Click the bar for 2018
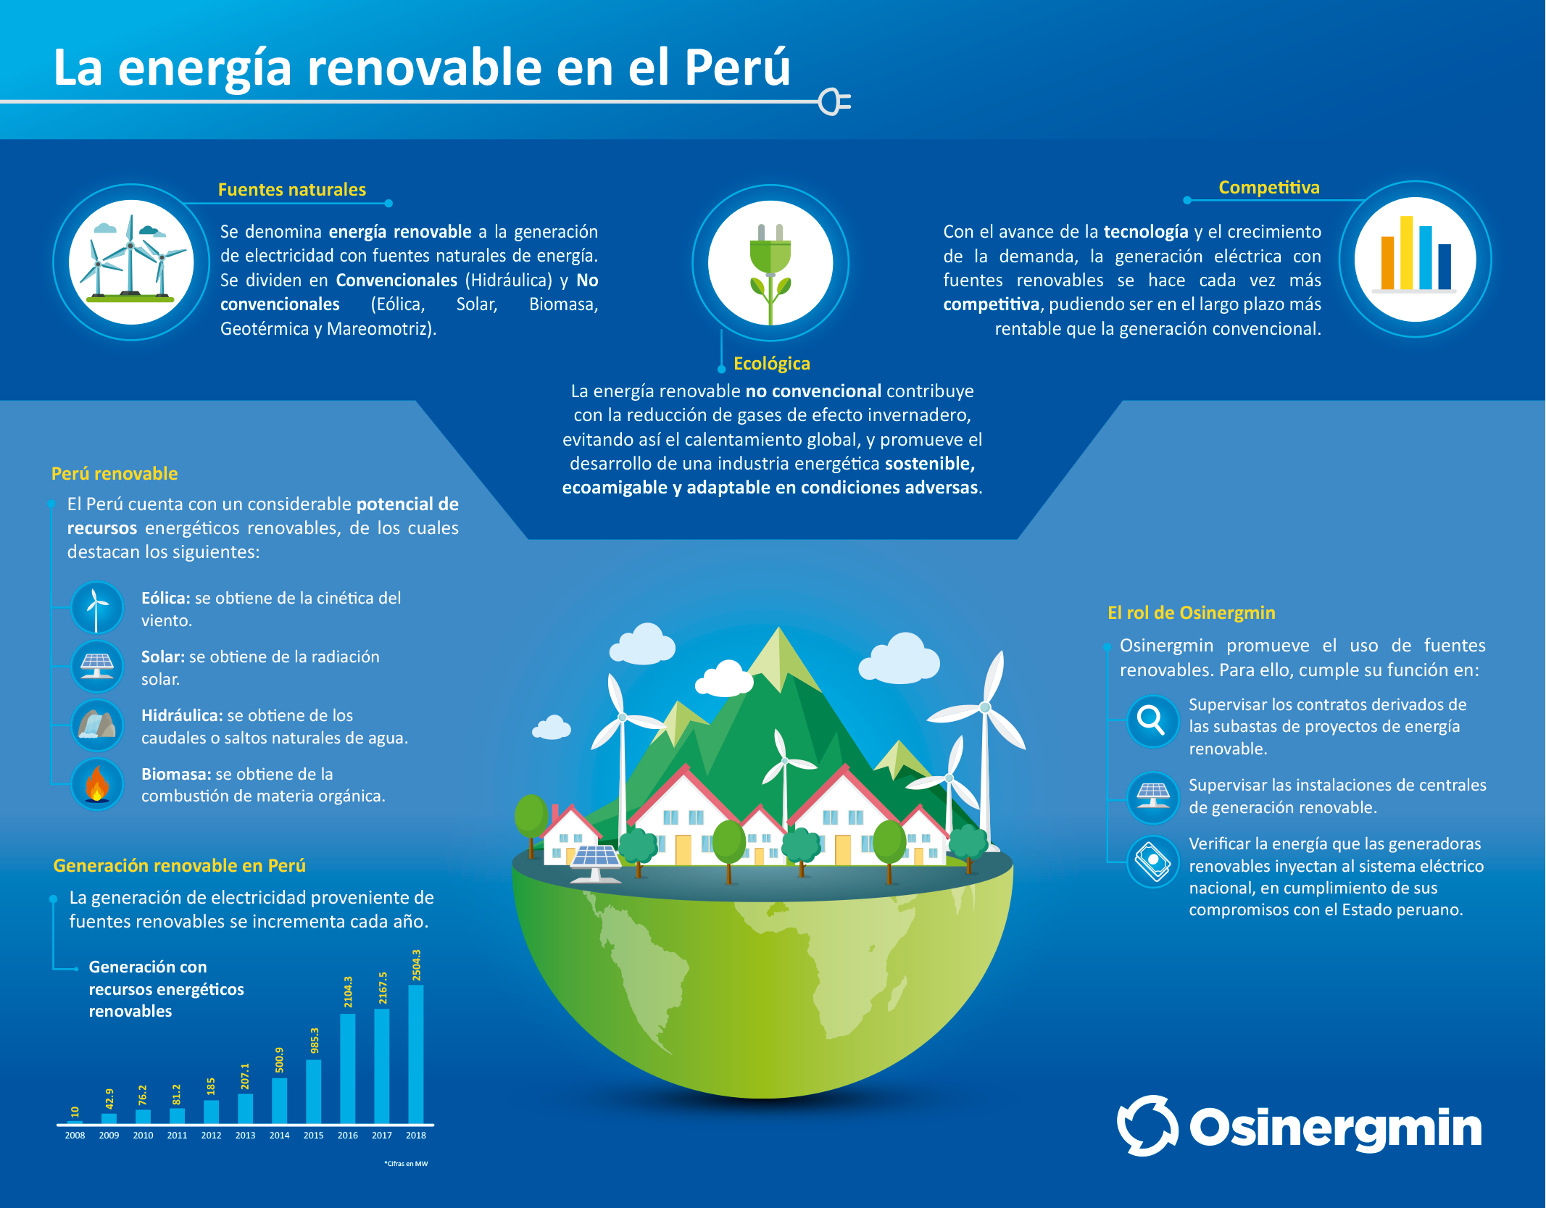pyautogui.click(x=416, y=1054)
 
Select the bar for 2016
pyautogui.click(x=348, y=1068)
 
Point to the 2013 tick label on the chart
pyautogui.click(x=245, y=1136)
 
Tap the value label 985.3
pyautogui.click(x=315, y=1041)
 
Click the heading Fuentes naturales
pyautogui.click(x=292, y=190)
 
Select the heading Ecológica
pyautogui.click(x=772, y=364)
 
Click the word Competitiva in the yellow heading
pyautogui.click(x=1269, y=188)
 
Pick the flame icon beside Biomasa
pyautogui.click(x=97, y=784)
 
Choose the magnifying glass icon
pyautogui.click(x=1151, y=720)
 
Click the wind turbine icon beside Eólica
pyautogui.click(x=96, y=608)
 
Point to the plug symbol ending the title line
pyautogui.click(x=834, y=102)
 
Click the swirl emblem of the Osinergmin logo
pyautogui.click(x=1147, y=1125)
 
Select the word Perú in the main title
pyautogui.click(x=737, y=67)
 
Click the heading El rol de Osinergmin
pyautogui.click(x=1192, y=613)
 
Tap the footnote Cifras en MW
pyautogui.click(x=406, y=1164)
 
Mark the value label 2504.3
pyautogui.click(x=417, y=965)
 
